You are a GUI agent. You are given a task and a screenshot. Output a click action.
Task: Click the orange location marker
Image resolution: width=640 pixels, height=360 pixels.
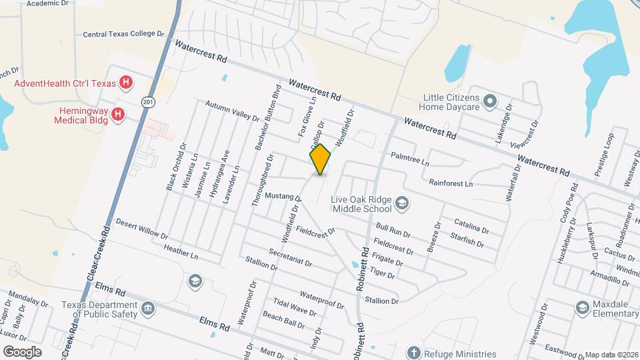(321, 159)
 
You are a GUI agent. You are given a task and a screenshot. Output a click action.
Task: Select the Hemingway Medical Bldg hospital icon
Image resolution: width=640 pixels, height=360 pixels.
(118, 115)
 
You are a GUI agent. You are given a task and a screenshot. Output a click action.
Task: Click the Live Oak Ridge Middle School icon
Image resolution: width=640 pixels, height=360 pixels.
(402, 203)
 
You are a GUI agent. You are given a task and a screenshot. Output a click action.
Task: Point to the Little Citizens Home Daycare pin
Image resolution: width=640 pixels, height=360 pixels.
(491, 102)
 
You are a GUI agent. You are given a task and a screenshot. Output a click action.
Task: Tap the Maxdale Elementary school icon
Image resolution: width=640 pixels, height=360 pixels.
(581, 307)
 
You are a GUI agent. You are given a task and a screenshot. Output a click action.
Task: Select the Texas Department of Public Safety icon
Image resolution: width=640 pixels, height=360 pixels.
(148, 309)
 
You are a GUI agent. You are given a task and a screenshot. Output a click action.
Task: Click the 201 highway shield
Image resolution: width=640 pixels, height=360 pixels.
(148, 101)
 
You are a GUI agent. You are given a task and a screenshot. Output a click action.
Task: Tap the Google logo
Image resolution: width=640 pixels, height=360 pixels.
(23, 351)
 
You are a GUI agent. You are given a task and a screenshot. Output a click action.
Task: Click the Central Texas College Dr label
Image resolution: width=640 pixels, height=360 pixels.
(123, 33)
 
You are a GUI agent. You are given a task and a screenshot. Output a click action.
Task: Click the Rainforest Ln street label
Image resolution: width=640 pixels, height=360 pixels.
(451, 183)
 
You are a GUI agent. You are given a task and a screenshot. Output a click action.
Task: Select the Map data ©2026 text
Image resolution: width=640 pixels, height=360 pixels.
(611, 355)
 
